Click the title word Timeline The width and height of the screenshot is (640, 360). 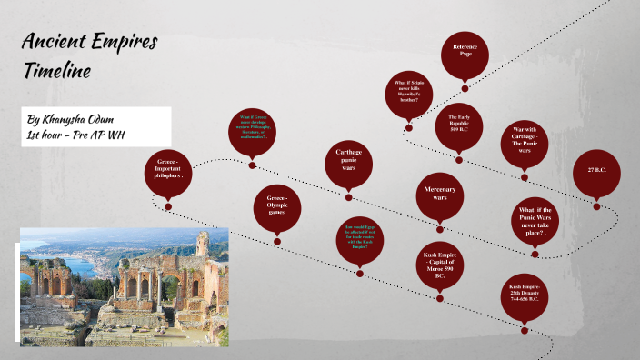coord(59,71)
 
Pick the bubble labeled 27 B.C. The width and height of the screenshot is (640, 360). coord(597,169)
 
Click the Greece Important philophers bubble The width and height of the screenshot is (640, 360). coord(169,169)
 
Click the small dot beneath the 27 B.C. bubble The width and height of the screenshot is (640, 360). coord(597,206)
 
